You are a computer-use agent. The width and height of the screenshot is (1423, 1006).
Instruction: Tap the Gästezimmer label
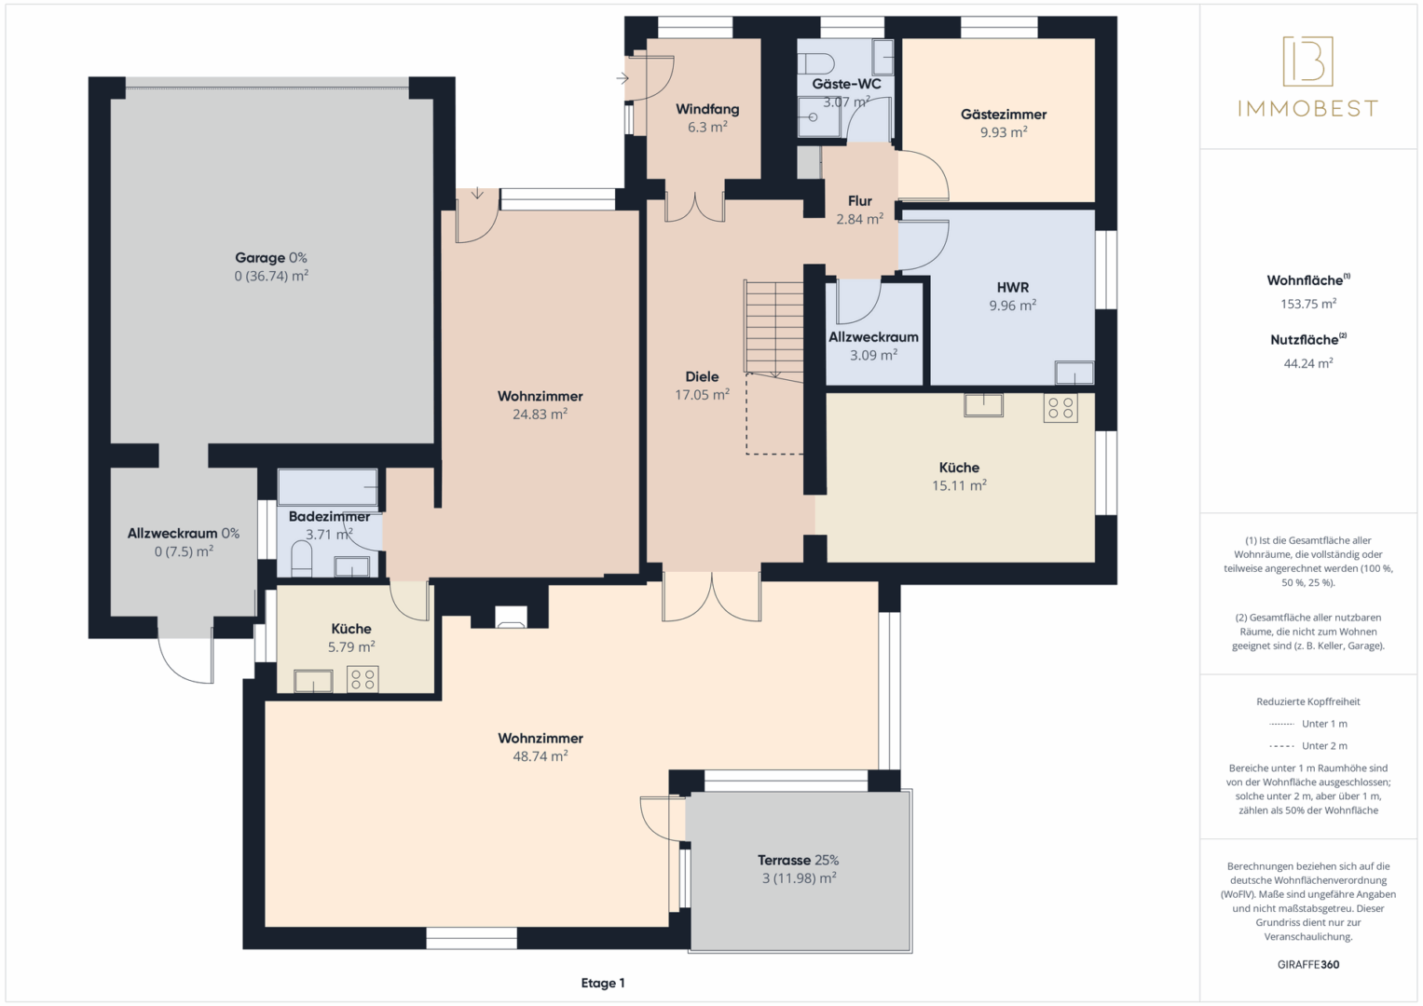point(1003,115)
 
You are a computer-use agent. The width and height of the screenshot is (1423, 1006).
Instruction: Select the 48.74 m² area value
point(540,756)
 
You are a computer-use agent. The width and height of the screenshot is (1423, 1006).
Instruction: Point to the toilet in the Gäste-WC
point(816,63)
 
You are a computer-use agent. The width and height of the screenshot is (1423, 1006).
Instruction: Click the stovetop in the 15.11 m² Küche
point(1060,408)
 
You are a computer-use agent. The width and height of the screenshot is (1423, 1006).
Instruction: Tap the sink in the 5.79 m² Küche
point(313,681)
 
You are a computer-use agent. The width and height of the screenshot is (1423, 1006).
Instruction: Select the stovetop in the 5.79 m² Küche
point(363,680)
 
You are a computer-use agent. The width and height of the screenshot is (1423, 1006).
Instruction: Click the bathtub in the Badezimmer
point(328,487)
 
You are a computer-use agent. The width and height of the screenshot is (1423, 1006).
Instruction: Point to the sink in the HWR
point(1074,373)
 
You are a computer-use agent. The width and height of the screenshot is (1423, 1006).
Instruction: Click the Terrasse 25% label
point(798,861)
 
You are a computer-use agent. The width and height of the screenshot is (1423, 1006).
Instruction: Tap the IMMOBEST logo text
point(1308,109)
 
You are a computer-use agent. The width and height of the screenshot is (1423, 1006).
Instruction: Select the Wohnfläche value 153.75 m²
point(1308,305)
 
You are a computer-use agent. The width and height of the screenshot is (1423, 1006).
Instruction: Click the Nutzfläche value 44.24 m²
point(1308,364)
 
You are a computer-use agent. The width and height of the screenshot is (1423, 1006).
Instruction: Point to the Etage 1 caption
point(603,983)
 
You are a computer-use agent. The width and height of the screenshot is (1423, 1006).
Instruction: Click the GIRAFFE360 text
point(1308,965)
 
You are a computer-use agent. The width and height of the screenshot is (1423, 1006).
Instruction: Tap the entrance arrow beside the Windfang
point(622,78)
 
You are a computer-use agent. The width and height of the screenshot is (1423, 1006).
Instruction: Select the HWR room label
point(1013,288)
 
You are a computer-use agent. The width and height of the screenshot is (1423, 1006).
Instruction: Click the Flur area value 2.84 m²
point(859,219)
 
